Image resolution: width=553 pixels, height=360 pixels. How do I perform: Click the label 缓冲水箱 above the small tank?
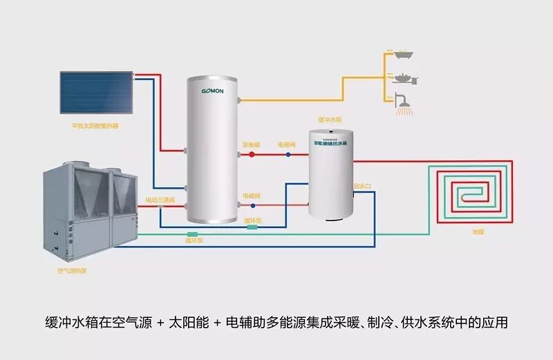click(329, 120)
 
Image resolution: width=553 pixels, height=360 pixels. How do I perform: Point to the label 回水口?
click(363, 186)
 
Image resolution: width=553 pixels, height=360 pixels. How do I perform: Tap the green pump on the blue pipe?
click(252, 227)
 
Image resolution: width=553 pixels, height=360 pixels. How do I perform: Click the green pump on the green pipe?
click(192, 235)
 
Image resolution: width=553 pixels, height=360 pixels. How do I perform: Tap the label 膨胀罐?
click(251, 144)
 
